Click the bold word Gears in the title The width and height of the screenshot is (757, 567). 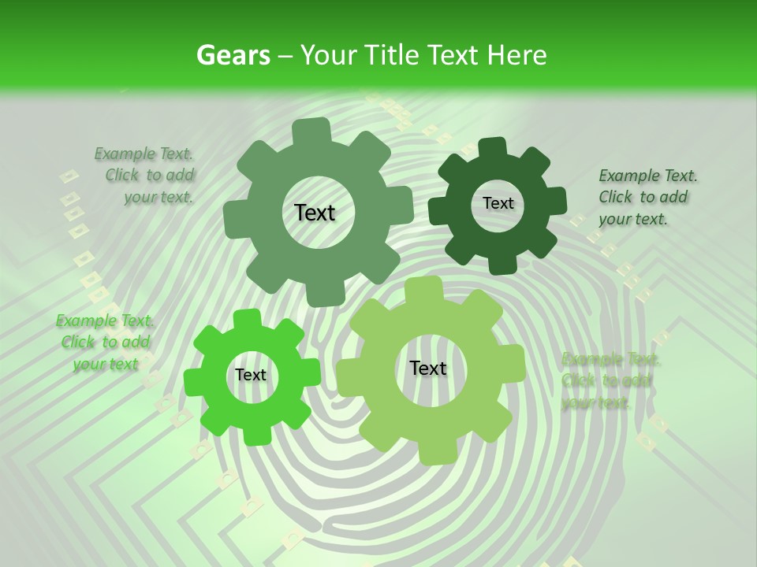tap(233, 56)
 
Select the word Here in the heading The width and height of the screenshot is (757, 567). tap(516, 56)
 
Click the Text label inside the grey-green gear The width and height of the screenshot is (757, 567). tap(315, 213)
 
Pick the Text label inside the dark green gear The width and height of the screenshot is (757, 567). tap(498, 203)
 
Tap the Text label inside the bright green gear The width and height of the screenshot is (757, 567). tap(251, 376)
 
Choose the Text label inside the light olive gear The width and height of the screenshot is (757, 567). tap(428, 369)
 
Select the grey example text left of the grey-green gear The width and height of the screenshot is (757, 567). tap(147, 176)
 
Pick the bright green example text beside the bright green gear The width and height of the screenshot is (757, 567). tap(105, 342)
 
